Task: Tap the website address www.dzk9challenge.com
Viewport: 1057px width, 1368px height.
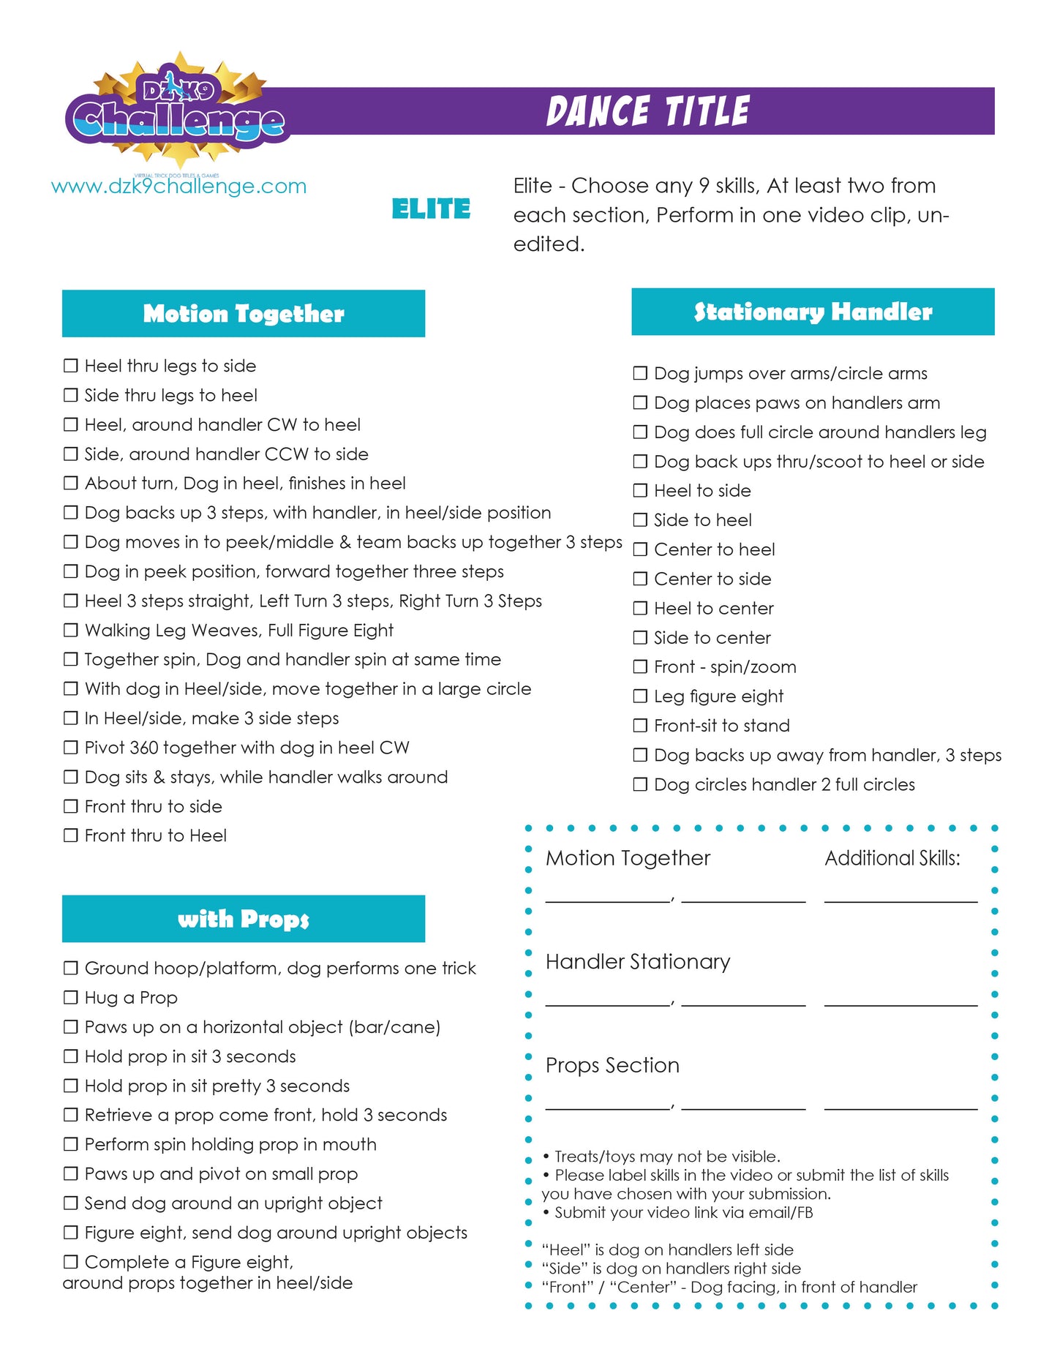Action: coord(178,187)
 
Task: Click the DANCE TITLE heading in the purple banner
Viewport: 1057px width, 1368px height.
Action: coord(647,111)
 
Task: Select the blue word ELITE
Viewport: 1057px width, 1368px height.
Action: coord(431,209)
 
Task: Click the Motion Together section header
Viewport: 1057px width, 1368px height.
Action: coord(244,314)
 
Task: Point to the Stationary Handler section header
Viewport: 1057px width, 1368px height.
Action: coord(813,312)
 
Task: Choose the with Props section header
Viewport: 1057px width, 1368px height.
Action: coord(244,919)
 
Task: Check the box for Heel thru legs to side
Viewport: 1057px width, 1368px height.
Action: coord(71,366)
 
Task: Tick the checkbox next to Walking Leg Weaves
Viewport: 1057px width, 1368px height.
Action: coord(71,631)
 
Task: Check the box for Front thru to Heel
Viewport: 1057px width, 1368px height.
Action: coord(71,835)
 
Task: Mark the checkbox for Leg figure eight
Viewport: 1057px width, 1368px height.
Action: coord(640,696)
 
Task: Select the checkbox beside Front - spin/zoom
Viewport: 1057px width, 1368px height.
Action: coord(640,667)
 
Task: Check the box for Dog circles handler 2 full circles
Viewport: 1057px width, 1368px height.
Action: coord(640,785)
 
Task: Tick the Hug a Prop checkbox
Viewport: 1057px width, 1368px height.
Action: coord(71,998)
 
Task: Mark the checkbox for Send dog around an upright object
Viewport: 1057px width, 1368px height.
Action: coord(71,1203)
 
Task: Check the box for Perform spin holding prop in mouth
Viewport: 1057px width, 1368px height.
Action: coord(71,1144)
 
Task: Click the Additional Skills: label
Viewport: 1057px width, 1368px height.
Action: coord(892,858)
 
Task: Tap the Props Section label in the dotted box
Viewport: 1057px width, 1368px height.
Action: coord(612,1065)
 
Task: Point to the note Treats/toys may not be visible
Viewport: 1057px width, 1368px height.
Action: coord(666,1157)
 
